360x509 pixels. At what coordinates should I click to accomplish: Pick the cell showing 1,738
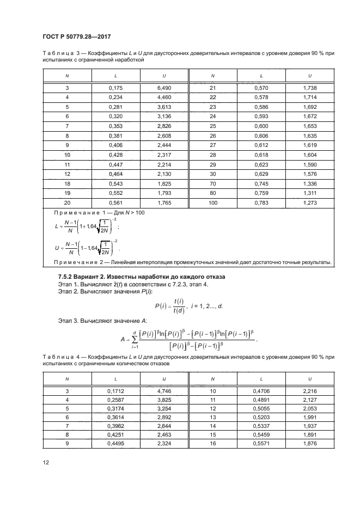309,88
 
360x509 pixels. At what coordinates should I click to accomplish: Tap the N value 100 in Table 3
212,203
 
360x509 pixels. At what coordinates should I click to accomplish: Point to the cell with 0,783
261,203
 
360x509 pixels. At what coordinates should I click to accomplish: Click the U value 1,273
309,203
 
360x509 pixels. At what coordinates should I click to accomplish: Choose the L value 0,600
261,126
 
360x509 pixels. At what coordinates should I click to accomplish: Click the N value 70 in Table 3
212,183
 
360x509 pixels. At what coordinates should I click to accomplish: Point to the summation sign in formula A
133,340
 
